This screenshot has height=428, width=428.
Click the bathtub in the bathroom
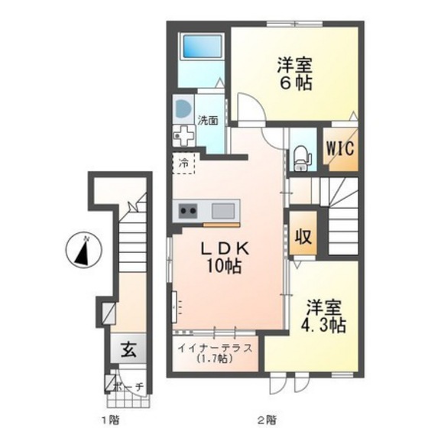202,46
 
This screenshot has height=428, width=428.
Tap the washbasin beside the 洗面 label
183,109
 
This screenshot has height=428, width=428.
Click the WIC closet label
340,149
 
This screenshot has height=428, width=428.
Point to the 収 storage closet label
303,237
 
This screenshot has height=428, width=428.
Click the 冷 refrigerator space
183,164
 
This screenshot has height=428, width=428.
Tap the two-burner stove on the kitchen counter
188,211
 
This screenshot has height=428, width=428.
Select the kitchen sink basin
223,211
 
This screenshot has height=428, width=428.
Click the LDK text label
225,248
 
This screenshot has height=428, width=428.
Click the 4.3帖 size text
323,325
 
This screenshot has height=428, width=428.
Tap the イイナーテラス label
215,349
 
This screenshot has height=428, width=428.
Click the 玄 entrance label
128,350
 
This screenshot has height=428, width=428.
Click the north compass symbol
84,250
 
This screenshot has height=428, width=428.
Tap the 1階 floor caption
111,419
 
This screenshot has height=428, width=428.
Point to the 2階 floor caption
266,419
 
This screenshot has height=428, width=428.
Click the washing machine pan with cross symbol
183,135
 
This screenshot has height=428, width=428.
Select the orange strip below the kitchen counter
222,225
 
